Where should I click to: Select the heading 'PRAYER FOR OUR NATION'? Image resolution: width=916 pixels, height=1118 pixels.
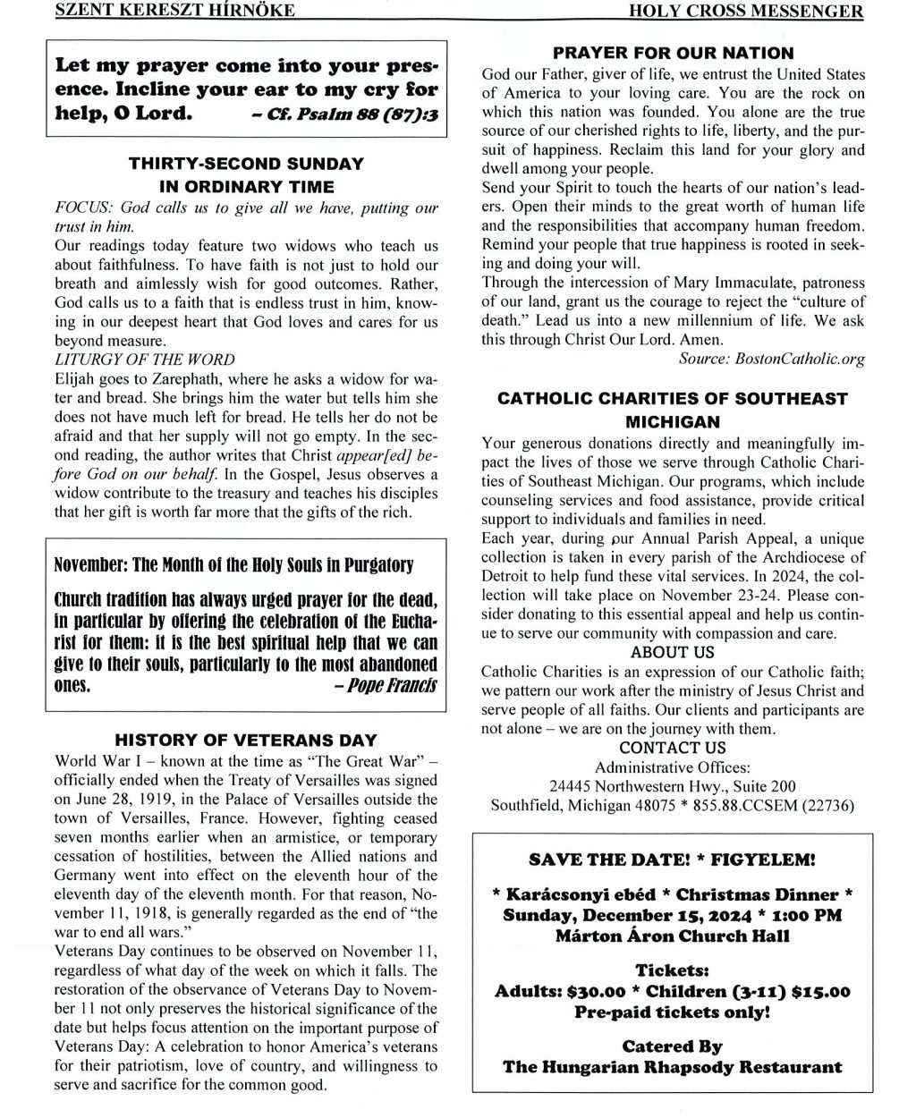pos(673,53)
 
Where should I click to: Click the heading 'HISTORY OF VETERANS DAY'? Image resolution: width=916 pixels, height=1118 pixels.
pos(246,741)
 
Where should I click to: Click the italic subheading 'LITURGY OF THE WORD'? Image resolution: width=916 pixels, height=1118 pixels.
pos(145,360)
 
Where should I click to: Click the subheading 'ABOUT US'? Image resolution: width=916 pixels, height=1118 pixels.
pos(673,652)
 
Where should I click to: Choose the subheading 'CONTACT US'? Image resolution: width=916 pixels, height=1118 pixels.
pos(673,748)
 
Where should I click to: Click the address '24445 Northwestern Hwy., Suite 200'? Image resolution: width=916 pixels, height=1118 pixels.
pos(673,786)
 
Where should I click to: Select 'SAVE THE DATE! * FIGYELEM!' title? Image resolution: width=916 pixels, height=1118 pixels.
pos(673,860)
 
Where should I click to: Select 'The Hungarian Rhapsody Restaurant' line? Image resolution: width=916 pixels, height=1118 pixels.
pos(673,1067)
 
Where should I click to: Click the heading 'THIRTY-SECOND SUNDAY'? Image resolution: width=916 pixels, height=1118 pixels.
pos(246,164)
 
